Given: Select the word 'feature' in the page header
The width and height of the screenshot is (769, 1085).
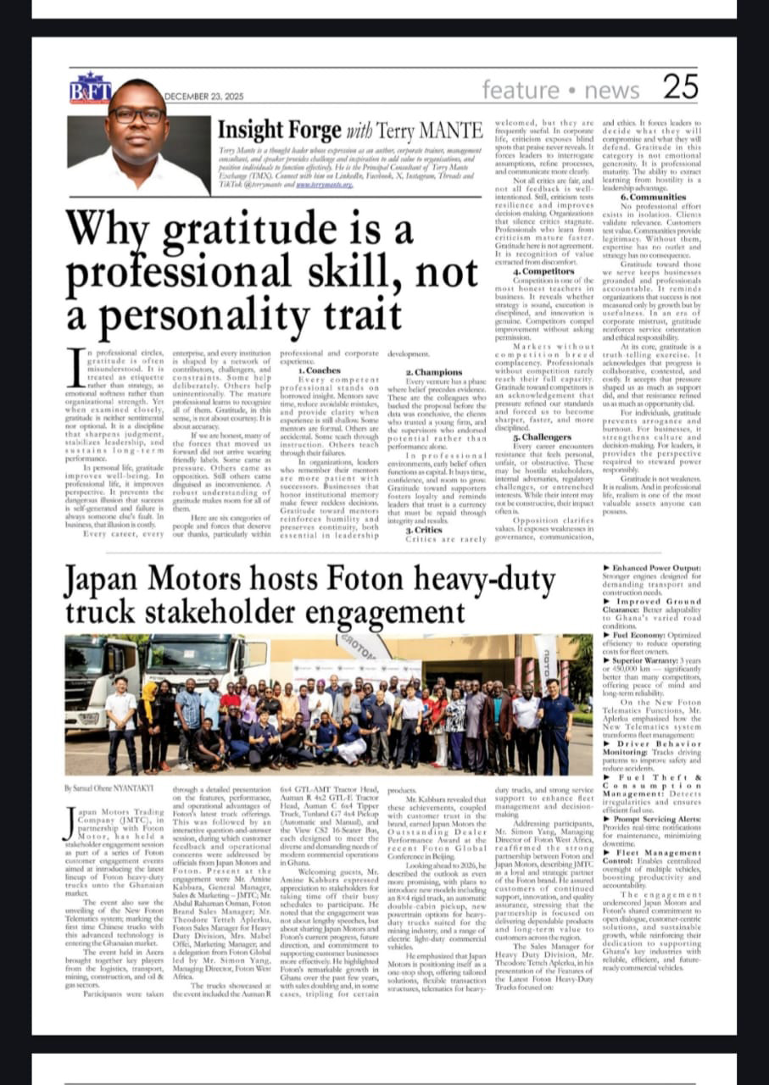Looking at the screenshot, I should coord(521,90).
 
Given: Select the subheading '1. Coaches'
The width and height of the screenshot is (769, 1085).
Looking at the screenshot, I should coord(320,370).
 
